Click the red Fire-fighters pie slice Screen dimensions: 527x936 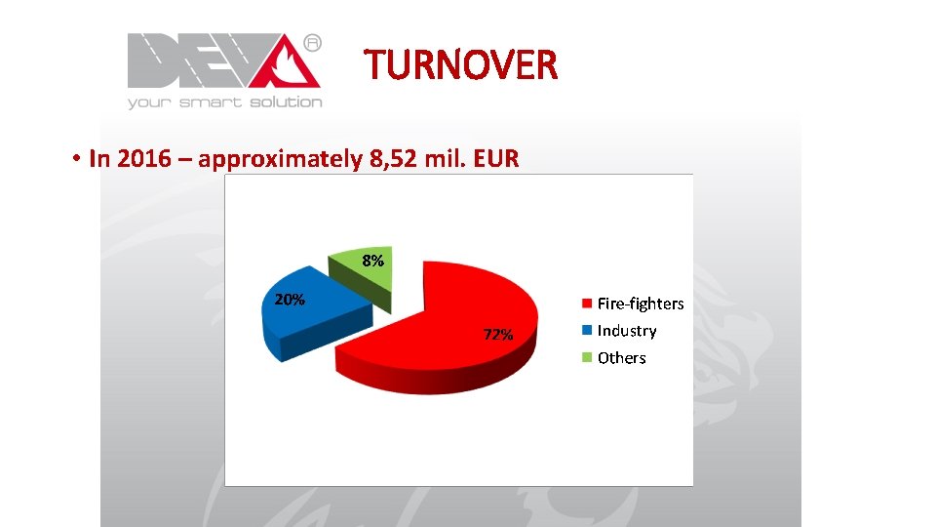[x=439, y=312]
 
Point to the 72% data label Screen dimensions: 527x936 [x=498, y=335]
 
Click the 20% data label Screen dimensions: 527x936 [x=289, y=300]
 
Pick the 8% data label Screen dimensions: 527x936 [x=372, y=262]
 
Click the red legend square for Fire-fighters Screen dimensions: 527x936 [x=587, y=304]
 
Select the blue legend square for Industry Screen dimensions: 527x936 [x=587, y=331]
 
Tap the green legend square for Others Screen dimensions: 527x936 [x=587, y=357]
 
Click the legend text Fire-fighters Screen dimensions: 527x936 [x=641, y=304]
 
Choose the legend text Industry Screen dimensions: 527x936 [x=627, y=331]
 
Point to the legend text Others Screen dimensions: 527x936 [x=622, y=358]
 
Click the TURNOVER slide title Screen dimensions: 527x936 [x=461, y=65]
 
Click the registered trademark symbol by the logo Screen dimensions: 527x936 [x=312, y=43]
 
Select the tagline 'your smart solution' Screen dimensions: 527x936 [x=224, y=101]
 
